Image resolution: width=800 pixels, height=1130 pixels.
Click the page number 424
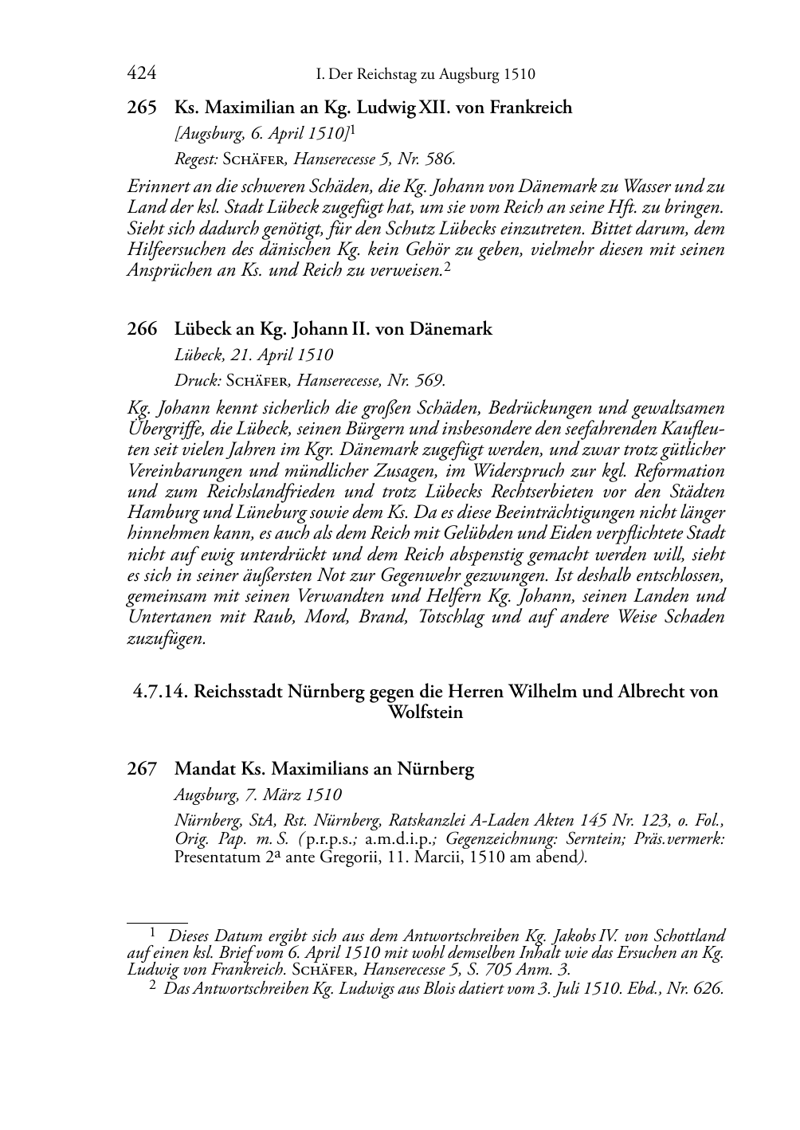[141, 74]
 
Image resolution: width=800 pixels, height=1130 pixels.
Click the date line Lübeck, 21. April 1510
[253, 355]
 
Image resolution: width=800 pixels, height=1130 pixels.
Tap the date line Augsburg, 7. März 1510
[257, 795]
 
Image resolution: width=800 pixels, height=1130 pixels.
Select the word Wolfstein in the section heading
[425, 712]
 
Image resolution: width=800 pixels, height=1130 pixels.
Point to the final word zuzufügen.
[167, 638]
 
